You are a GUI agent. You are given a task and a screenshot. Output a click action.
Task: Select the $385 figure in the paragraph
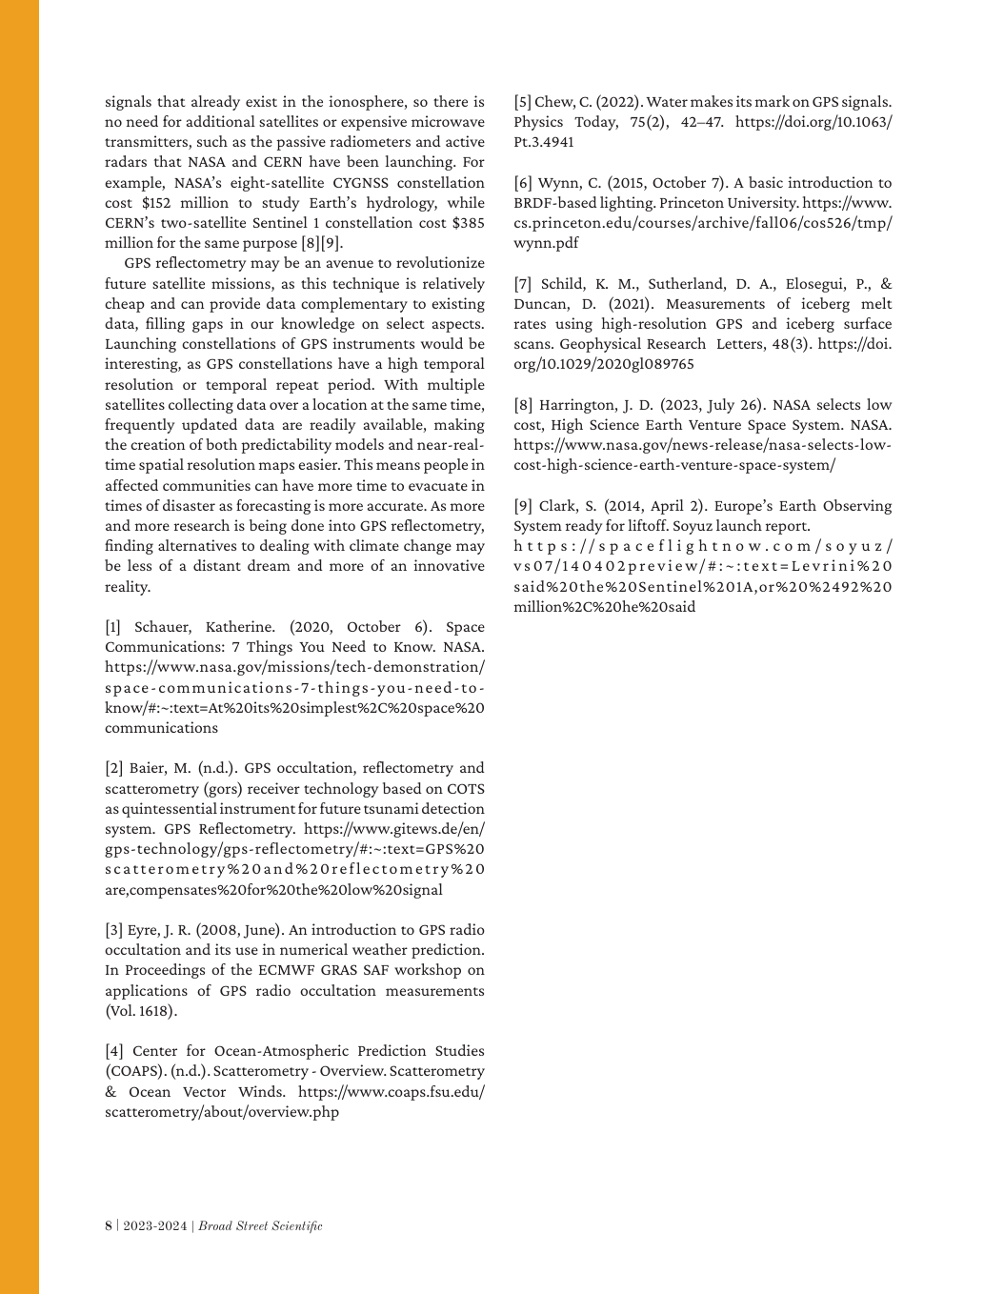(465, 223)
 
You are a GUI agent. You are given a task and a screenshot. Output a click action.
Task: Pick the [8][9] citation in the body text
(322, 243)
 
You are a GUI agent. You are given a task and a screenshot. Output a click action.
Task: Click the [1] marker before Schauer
(113, 627)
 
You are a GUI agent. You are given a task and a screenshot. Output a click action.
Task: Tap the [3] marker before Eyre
(113, 930)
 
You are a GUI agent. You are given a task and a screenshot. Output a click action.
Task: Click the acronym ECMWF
(283, 970)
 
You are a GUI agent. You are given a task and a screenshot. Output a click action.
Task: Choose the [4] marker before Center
(113, 1051)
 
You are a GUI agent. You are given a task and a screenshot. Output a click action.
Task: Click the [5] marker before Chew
(522, 102)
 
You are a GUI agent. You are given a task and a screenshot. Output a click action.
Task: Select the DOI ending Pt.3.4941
(543, 142)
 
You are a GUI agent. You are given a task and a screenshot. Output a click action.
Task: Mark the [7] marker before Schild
(523, 284)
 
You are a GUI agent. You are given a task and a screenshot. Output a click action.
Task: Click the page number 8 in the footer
(108, 1226)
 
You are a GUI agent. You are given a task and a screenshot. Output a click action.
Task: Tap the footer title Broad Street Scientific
(260, 1226)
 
